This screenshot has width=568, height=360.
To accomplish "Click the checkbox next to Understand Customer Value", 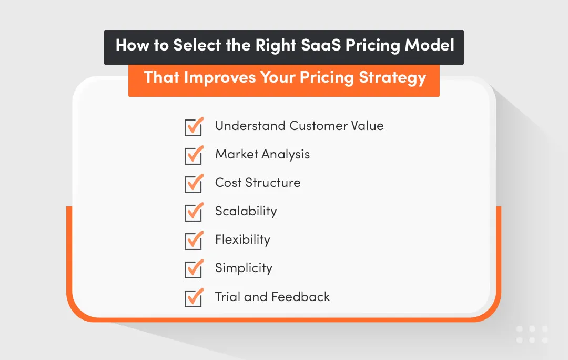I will pos(194,127).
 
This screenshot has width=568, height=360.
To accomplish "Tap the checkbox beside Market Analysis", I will pos(194,156).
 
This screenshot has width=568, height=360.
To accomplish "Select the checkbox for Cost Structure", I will pos(194,184).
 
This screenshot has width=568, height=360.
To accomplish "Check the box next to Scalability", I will pos(194,213).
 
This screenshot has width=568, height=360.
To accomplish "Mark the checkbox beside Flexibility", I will pos(194,241).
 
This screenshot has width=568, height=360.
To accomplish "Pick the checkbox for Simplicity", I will pos(194,269).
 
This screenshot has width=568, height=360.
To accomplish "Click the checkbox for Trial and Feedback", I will pos(194,298).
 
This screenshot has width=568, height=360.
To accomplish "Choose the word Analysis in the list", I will pos(286,154).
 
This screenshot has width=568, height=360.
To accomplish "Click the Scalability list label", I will pos(246,212).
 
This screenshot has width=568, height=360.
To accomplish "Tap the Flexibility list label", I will pos(242,240).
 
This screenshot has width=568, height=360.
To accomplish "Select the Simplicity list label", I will pos(244,268).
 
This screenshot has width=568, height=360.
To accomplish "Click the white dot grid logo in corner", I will pos(532,334).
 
